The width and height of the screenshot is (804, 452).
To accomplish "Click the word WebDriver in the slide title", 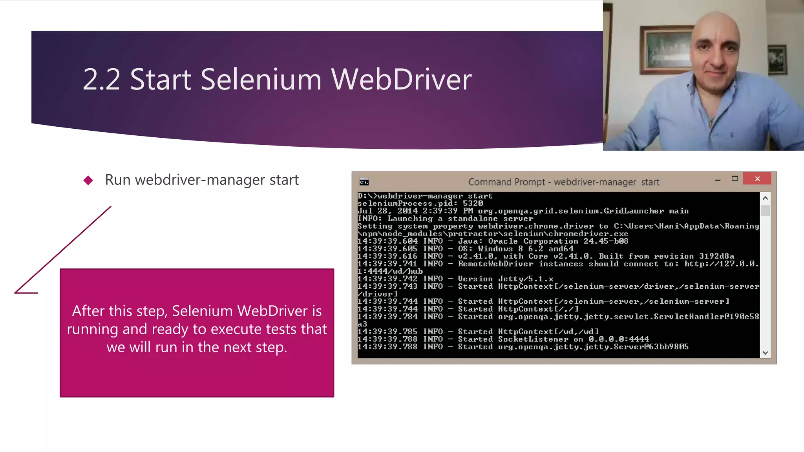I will tap(401, 80).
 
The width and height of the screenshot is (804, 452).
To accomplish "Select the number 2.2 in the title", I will tap(101, 80).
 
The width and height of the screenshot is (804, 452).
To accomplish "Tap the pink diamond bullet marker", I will tap(88, 180).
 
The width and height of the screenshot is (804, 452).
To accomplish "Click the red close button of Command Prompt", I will tap(757, 179).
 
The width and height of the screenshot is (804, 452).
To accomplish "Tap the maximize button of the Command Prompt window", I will tap(735, 179).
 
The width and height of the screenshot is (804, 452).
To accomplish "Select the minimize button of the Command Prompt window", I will tap(718, 180).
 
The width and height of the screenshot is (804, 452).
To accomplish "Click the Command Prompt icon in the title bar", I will tap(364, 182).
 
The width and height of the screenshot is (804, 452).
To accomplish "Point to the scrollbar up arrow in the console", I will tap(765, 198).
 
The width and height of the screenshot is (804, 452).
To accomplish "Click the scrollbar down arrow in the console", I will tap(765, 353).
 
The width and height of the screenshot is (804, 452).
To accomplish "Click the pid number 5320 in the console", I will tap(473, 204).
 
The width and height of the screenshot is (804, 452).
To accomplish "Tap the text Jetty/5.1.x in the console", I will tap(526, 279).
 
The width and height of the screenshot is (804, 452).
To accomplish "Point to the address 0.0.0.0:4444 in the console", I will tap(618, 339).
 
